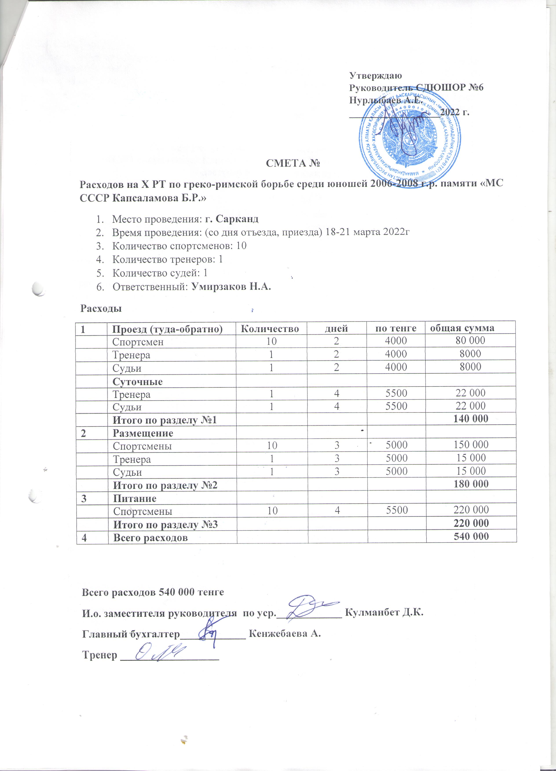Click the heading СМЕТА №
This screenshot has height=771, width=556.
tap(293, 164)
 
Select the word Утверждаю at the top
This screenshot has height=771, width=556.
tap(376, 75)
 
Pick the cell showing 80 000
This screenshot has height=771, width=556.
tap(470, 340)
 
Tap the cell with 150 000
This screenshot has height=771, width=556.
tap(471, 445)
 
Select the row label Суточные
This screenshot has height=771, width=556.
tap(137, 381)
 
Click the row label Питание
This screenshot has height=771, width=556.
tap(135, 498)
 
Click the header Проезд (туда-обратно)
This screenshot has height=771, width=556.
tap(167, 329)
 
